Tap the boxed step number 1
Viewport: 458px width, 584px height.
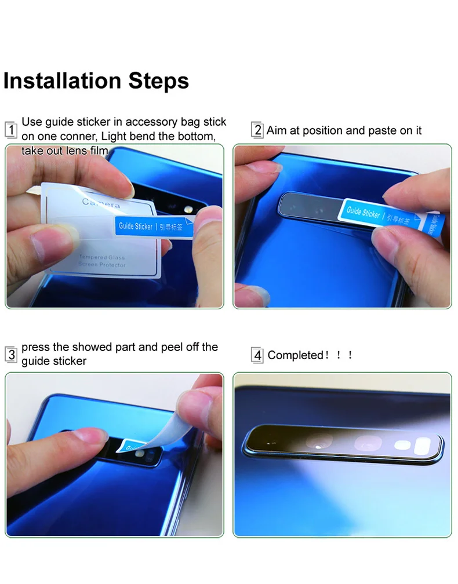pyautogui.click(x=10, y=129)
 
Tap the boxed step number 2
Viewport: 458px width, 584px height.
pyautogui.click(x=257, y=130)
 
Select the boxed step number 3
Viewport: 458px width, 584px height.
pyautogui.click(x=10, y=354)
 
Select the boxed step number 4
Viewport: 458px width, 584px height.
pyautogui.click(x=257, y=355)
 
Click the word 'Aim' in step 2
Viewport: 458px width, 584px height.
pyautogui.click(x=277, y=130)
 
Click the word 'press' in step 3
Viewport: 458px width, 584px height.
pyautogui.click(x=35, y=347)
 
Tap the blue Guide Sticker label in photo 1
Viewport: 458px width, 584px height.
pyautogui.click(x=136, y=226)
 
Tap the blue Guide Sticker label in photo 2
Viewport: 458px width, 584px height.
pyautogui.click(x=364, y=213)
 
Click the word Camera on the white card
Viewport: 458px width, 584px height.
pyautogui.click(x=101, y=203)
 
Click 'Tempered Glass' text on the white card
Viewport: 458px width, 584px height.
pyautogui.click(x=101, y=257)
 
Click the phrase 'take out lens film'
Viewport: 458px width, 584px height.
pyautogui.click(x=65, y=151)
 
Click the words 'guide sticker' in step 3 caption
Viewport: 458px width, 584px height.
pyautogui.click(x=54, y=361)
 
